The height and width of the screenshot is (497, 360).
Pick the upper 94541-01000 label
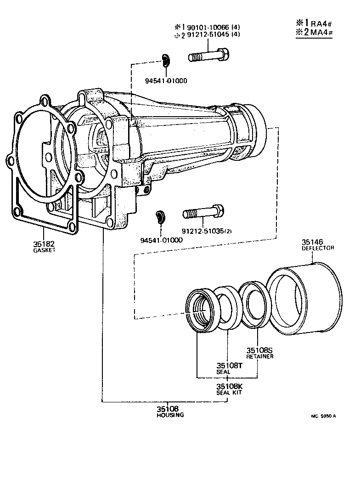(x=166, y=81)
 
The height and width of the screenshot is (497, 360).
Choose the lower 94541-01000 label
(x=162, y=240)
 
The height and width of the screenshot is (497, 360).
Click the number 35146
(x=312, y=242)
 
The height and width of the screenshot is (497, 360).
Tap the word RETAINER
(x=260, y=356)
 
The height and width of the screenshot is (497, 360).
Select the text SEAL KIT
(x=229, y=393)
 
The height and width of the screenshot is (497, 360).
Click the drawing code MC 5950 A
(x=323, y=417)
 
